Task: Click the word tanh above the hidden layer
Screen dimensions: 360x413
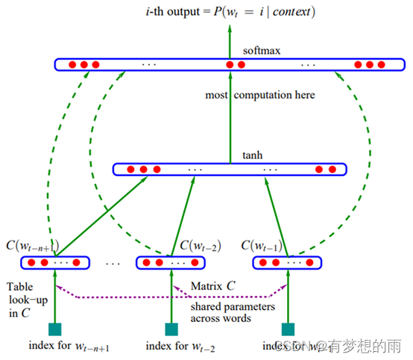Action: coord(250,156)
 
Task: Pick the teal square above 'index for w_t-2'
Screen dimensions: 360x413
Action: coord(171,329)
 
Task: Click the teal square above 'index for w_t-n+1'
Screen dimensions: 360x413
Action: coord(54,329)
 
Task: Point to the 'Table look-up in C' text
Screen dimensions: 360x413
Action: coord(26,300)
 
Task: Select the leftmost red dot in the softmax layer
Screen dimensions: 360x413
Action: coord(72,65)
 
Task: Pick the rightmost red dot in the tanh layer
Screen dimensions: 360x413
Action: coord(333,169)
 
